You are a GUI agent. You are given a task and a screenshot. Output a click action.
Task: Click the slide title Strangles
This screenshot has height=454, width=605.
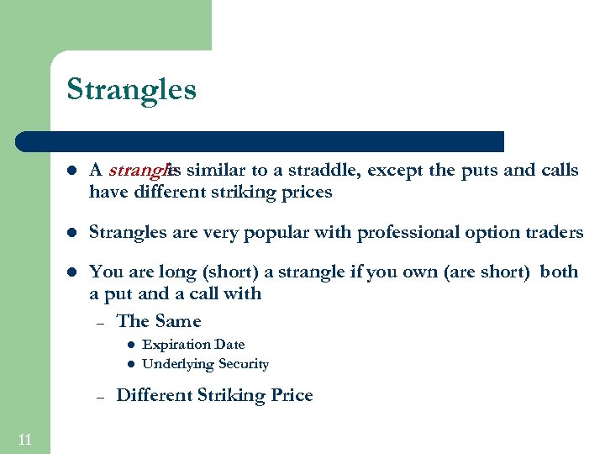tap(131, 89)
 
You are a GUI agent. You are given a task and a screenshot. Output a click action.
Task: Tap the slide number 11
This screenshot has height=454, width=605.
tap(24, 439)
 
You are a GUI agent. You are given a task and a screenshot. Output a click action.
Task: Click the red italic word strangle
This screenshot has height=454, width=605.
tap(139, 171)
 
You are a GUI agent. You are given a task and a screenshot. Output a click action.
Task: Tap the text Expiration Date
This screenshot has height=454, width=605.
tap(193, 344)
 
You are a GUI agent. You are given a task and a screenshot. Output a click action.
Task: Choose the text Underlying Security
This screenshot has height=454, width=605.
tap(205, 364)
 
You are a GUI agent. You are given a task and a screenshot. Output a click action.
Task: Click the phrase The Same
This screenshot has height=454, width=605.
tap(159, 321)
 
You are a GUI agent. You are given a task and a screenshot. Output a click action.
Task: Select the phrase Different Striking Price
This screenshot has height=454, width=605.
tap(214, 395)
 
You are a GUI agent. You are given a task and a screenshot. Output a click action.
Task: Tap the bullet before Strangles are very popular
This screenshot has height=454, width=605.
tap(72, 232)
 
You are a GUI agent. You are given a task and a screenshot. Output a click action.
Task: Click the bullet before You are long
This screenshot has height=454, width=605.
tap(72, 272)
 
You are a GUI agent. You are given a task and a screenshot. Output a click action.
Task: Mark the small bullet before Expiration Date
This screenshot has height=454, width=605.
tap(130, 345)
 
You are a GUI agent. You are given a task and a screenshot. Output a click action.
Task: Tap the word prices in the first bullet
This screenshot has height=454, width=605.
tap(308, 193)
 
